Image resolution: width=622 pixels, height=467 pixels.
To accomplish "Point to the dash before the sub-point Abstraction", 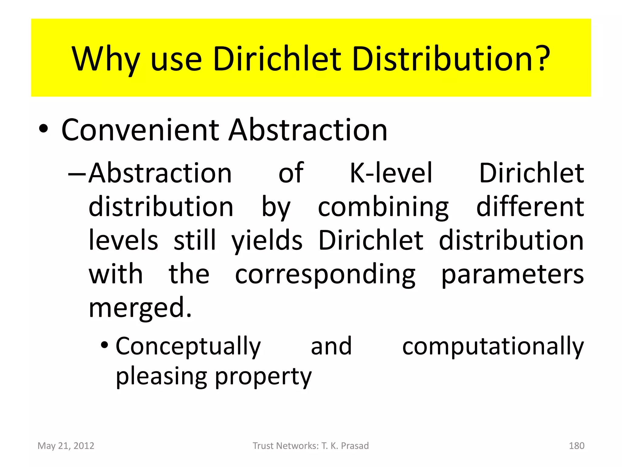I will click(x=77, y=174).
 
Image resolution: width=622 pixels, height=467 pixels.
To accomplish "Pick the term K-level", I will click(x=391, y=173).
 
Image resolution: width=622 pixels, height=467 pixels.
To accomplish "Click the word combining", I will click(x=383, y=207).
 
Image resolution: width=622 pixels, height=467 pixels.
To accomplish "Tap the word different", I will click(x=530, y=207).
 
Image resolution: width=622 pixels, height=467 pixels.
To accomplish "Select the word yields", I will click(x=267, y=241).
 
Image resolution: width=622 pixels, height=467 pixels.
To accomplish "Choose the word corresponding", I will click(x=325, y=275).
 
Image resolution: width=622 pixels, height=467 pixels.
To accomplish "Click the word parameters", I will click(x=512, y=275).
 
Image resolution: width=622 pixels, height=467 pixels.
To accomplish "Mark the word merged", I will click(x=140, y=308).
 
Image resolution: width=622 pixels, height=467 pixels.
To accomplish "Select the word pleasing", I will click(x=162, y=376).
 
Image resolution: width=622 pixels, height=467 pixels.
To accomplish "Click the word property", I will click(x=263, y=376).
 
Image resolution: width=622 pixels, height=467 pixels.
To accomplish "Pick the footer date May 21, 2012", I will click(x=66, y=446).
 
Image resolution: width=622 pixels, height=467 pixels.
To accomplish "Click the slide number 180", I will click(x=576, y=446).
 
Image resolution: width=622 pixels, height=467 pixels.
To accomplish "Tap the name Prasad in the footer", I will click(x=355, y=446).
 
